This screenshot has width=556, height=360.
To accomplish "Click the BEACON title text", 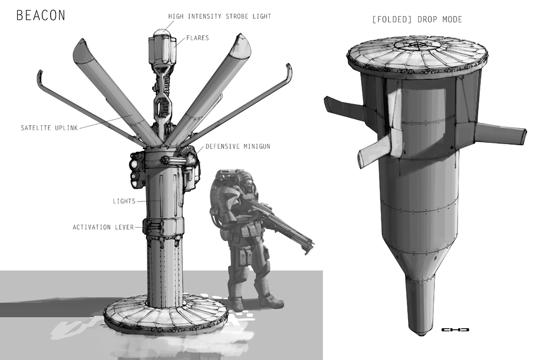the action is point(41,15).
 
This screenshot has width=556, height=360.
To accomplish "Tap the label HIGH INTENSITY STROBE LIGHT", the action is point(220,16).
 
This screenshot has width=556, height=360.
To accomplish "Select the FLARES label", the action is point(197,38).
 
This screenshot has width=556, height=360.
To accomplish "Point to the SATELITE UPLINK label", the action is point(49,128).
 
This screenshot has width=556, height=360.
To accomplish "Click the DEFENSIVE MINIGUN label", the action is point(238,146).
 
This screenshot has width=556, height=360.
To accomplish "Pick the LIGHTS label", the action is point(124,201).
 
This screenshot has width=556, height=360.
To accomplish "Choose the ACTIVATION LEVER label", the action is point(103,227).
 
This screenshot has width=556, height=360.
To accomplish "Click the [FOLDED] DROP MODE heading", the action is point(417,19).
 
